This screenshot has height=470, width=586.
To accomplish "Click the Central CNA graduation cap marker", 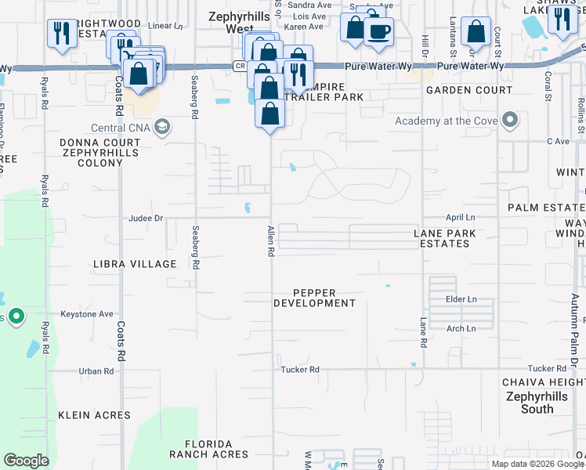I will tap(163, 128).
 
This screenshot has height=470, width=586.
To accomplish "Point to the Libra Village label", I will tap(135, 264).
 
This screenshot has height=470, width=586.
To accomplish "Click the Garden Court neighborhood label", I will tap(469, 91).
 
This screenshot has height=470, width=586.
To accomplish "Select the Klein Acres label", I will tap(94, 415).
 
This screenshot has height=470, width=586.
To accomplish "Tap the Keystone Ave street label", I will tap(87, 314).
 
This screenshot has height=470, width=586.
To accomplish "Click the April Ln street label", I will tap(461, 218).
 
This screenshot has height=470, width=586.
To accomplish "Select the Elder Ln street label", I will tap(461, 299).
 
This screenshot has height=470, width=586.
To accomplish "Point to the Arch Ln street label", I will tap(461, 329).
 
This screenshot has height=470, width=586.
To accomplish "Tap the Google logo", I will tap(26, 461).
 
